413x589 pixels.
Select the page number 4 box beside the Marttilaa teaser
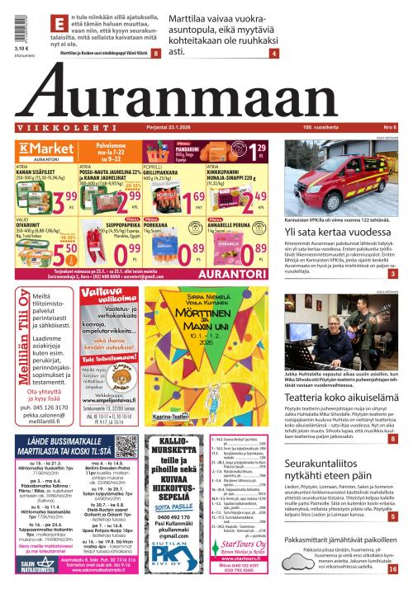click(x=273, y=54)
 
